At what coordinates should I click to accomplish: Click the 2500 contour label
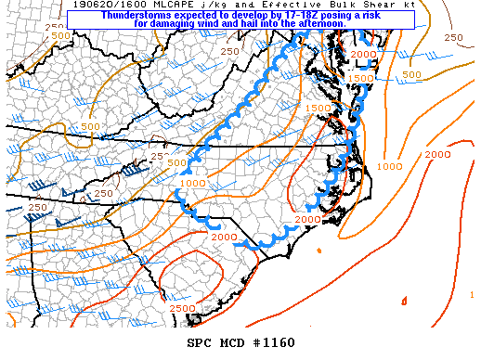(x=182, y=307)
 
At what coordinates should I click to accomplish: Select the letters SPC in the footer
(x=200, y=342)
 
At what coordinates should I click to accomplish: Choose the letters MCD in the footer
(x=232, y=342)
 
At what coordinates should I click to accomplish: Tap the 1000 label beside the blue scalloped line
(x=193, y=184)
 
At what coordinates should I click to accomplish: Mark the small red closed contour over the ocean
(x=404, y=300)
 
